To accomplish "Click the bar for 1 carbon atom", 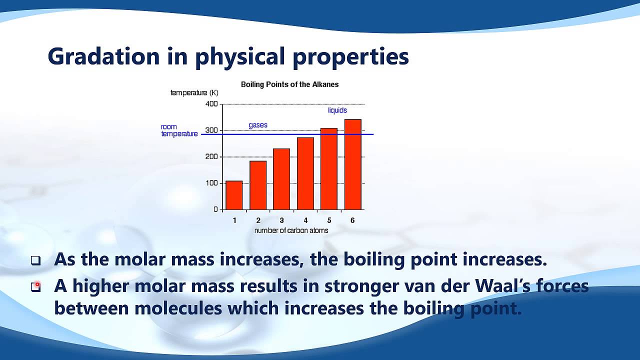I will [x=234, y=195].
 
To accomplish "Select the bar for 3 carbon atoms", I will [x=281, y=179].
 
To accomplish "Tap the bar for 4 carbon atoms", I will [x=305, y=173].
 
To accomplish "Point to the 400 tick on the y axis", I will [x=211, y=104].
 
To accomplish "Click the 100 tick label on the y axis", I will [x=211, y=183].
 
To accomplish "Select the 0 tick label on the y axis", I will [x=215, y=209].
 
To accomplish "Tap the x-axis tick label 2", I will [x=258, y=220].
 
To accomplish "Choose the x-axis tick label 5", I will [x=329, y=220].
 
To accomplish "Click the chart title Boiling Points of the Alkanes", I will [x=289, y=84].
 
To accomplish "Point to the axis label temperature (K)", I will [x=194, y=93].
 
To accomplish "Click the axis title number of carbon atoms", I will [x=291, y=230].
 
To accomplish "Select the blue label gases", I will [x=258, y=125].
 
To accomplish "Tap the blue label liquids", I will [x=337, y=110].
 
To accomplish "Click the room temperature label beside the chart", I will [x=179, y=130].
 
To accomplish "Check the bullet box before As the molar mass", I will [x=35, y=260].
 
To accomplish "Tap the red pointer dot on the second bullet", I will [x=37, y=285].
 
